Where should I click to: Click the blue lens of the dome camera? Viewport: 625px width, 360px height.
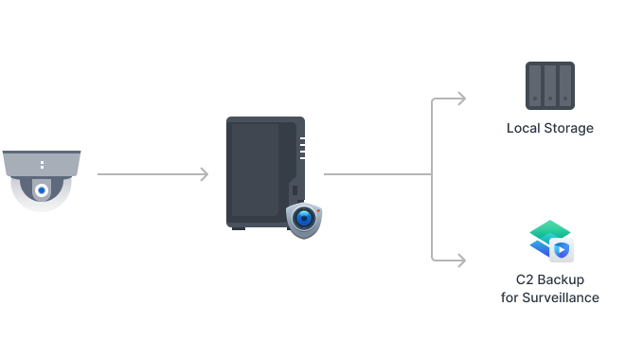pyautogui.click(x=42, y=190)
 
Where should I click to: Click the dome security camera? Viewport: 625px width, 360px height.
pyautogui.click(x=42, y=180)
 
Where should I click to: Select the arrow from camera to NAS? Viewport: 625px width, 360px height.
pyautogui.click(x=152, y=174)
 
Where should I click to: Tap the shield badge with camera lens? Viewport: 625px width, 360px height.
pyautogui.click(x=304, y=219)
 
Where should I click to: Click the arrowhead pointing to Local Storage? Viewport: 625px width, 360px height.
pyautogui.click(x=461, y=98)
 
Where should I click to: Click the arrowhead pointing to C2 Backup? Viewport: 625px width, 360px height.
pyautogui.click(x=461, y=258)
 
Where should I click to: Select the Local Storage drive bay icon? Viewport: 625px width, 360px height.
pyautogui.click(x=550, y=84)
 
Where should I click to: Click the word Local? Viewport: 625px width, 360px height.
pyautogui.click(x=524, y=128)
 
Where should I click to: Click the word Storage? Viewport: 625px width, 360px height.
pyautogui.click(x=568, y=128)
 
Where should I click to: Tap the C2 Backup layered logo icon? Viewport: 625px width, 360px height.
pyautogui.click(x=550, y=240)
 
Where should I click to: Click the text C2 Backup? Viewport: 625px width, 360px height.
pyautogui.click(x=550, y=280)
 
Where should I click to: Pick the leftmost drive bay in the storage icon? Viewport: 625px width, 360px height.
pyautogui.click(x=535, y=84)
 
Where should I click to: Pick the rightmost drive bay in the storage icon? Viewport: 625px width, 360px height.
pyautogui.click(x=565, y=84)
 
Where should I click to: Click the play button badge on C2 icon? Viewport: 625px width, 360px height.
pyautogui.click(x=562, y=250)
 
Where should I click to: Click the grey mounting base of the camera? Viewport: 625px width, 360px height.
pyautogui.click(x=42, y=164)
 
